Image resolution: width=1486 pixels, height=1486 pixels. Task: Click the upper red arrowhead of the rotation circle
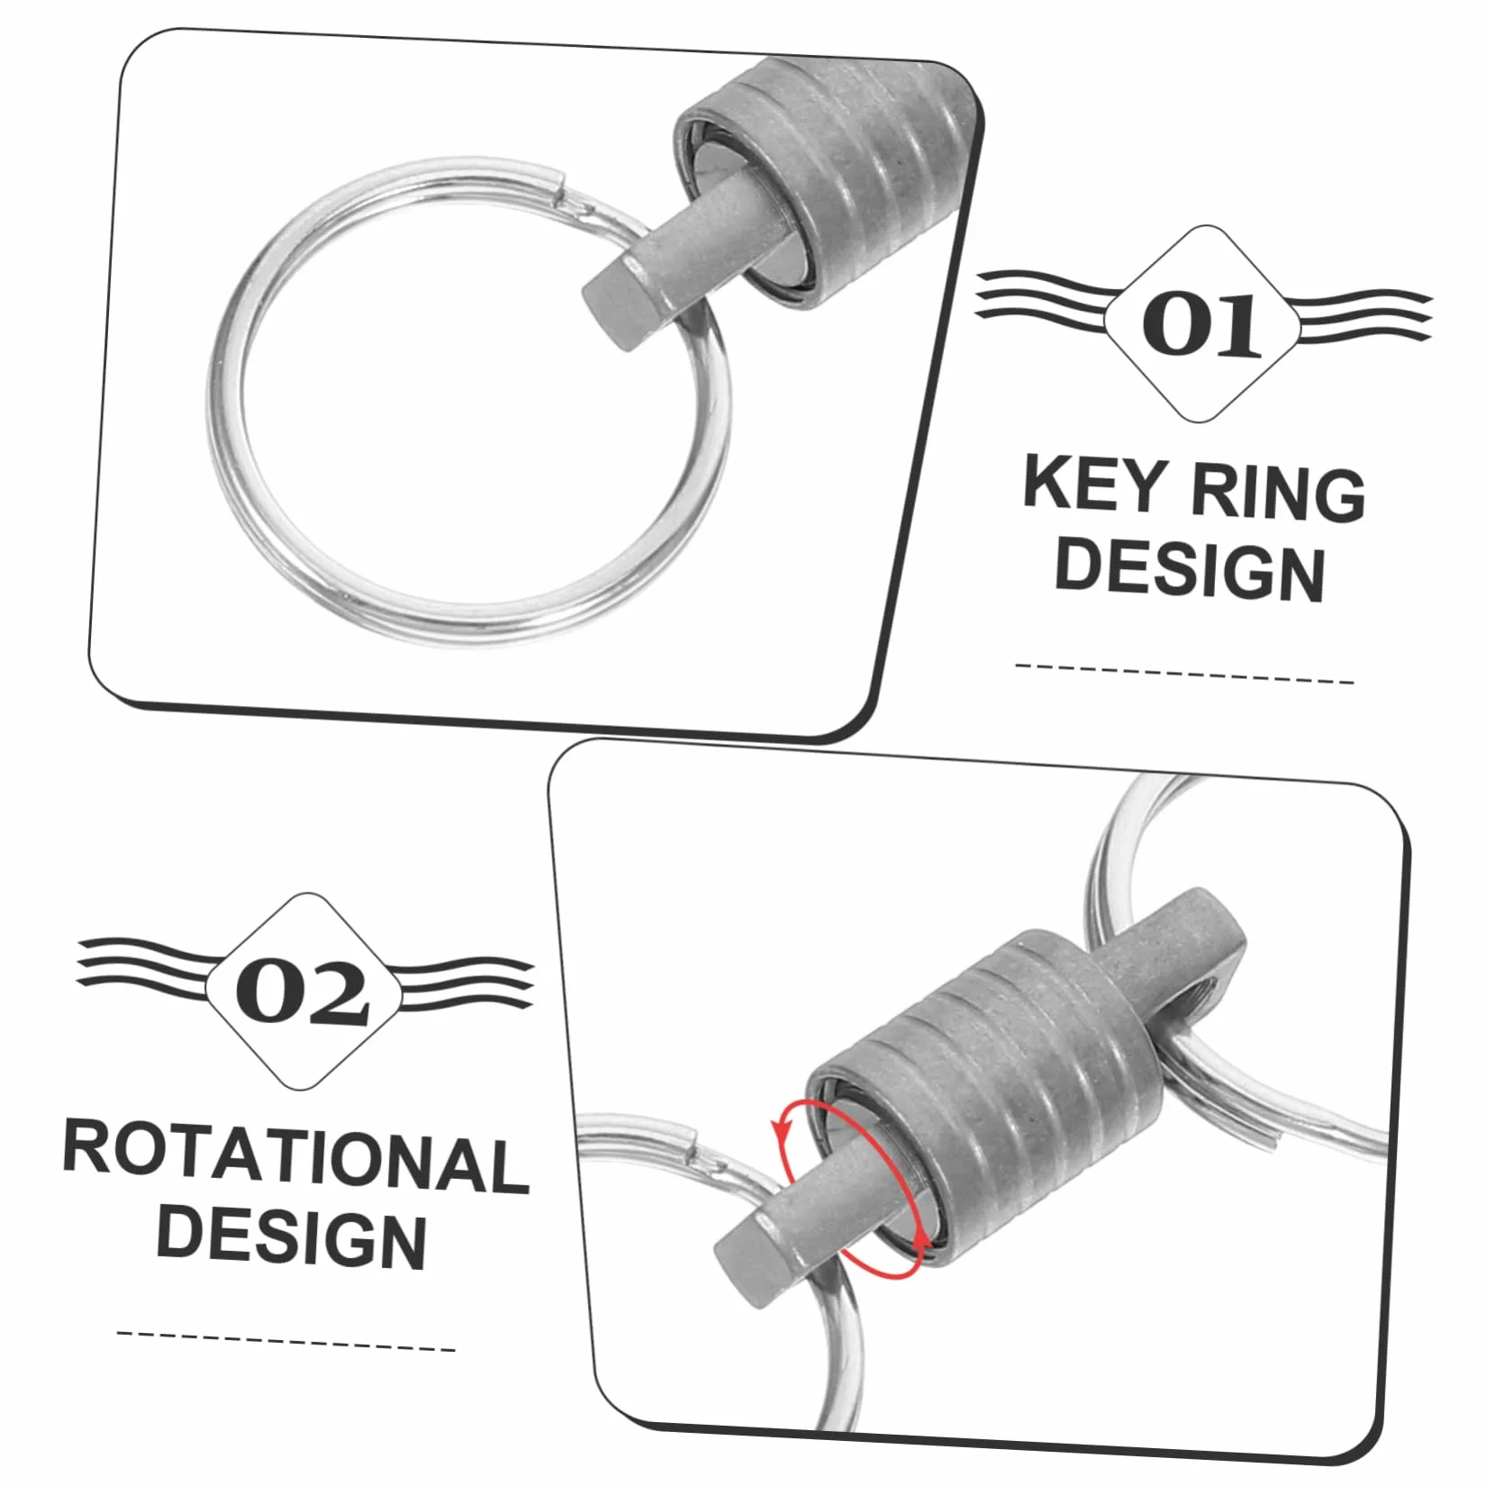click(780, 1130)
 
